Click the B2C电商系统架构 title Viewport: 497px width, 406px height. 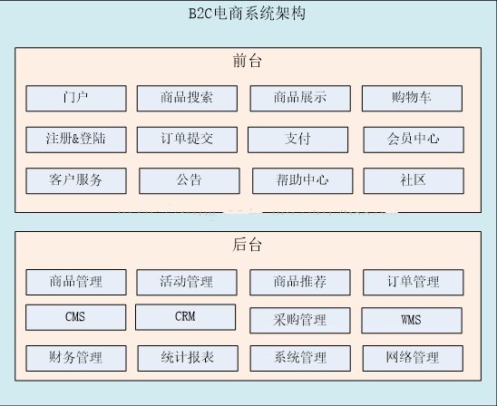(x=247, y=14)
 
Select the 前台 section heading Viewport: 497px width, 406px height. (x=248, y=61)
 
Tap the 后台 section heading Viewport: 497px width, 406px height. (x=248, y=245)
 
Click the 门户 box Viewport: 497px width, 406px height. (x=76, y=98)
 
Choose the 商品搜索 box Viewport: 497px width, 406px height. (x=187, y=98)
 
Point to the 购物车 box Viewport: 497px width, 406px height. (x=412, y=98)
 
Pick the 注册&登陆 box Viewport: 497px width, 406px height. (x=76, y=140)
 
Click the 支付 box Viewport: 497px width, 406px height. (x=298, y=140)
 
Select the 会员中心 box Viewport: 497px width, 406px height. (x=414, y=140)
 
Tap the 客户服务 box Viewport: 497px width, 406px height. (x=76, y=181)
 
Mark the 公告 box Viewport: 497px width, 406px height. (x=190, y=181)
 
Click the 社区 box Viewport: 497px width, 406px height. (x=414, y=181)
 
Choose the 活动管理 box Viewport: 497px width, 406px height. (x=187, y=282)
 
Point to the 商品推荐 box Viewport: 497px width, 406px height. (x=300, y=282)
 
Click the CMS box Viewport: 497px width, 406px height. (x=76, y=317)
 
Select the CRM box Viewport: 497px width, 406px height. (x=185, y=317)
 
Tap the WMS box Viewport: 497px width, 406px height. (x=412, y=320)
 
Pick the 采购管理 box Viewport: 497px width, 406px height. (x=300, y=320)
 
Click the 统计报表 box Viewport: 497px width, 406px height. (x=188, y=358)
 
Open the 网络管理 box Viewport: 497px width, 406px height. (x=413, y=358)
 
